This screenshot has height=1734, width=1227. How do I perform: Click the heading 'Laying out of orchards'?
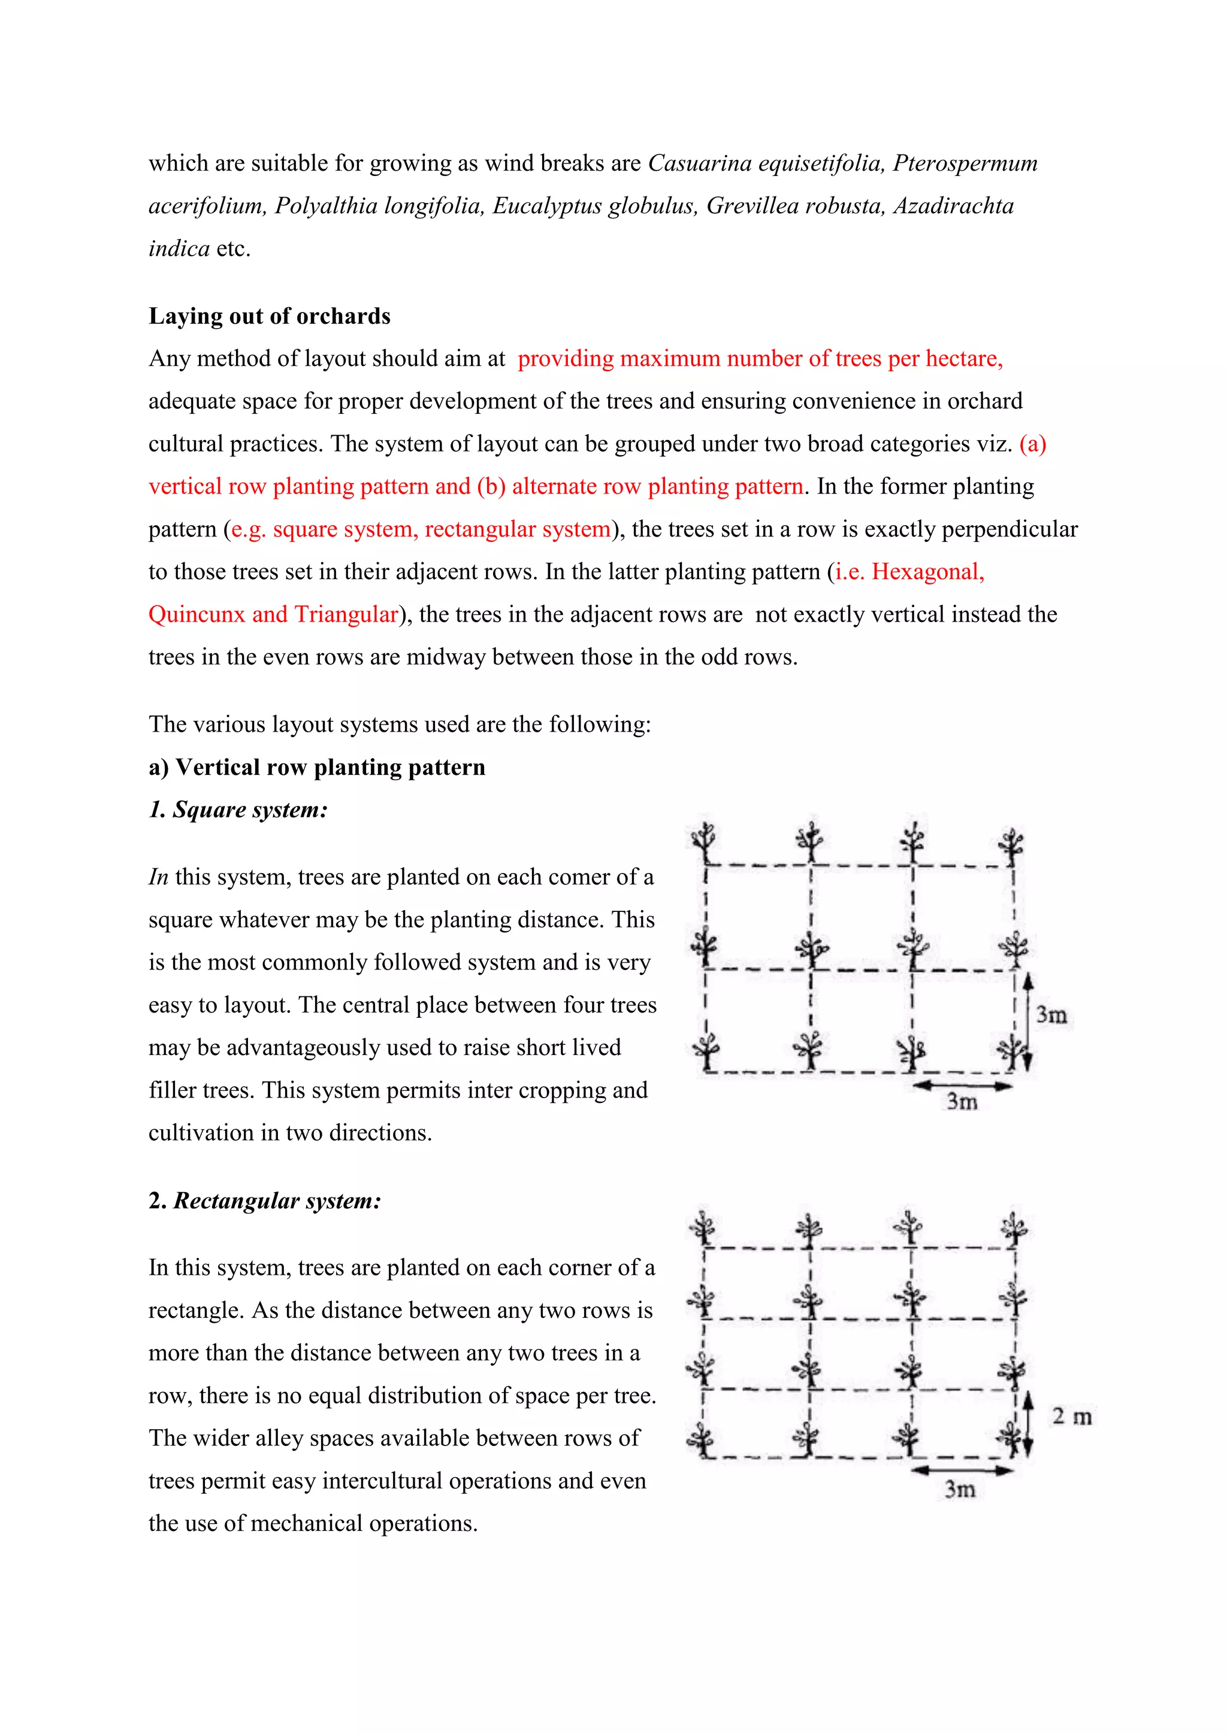pos(269,316)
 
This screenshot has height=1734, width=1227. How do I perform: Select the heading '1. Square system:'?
pos(238,810)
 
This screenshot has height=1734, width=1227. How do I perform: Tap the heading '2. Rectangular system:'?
pos(264,1201)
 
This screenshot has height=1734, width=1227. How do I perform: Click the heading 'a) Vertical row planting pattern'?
pos(316,768)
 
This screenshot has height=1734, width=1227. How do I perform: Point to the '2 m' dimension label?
pos(1071,1417)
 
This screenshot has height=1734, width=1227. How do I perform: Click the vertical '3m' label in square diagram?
pos(1051,1014)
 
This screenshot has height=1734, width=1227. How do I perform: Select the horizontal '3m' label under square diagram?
pos(963,1102)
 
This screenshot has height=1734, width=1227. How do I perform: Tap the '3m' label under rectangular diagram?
pos(960,1489)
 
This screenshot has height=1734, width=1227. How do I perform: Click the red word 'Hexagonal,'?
pos(928,572)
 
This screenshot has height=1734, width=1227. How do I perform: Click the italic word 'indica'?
pos(179,248)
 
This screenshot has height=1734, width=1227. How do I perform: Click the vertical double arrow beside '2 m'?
pos(1027,1424)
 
